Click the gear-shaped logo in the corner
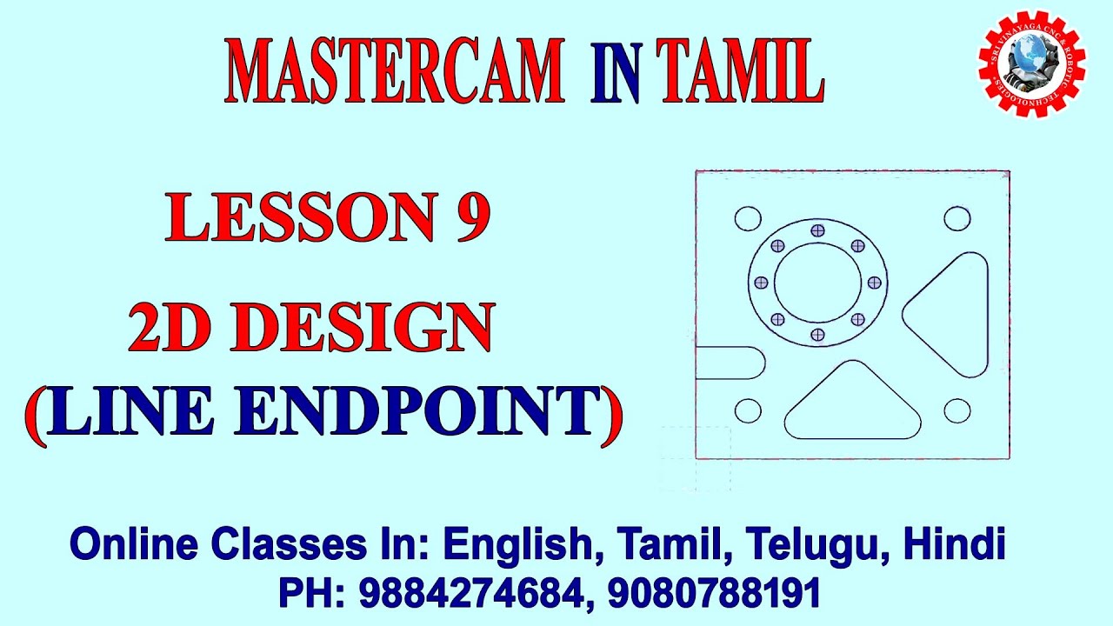1031,63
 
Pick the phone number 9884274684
470,594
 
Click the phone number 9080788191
714,594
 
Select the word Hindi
955,545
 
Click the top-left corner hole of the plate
748,218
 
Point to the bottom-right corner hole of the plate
957,410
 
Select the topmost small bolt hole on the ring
817,230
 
